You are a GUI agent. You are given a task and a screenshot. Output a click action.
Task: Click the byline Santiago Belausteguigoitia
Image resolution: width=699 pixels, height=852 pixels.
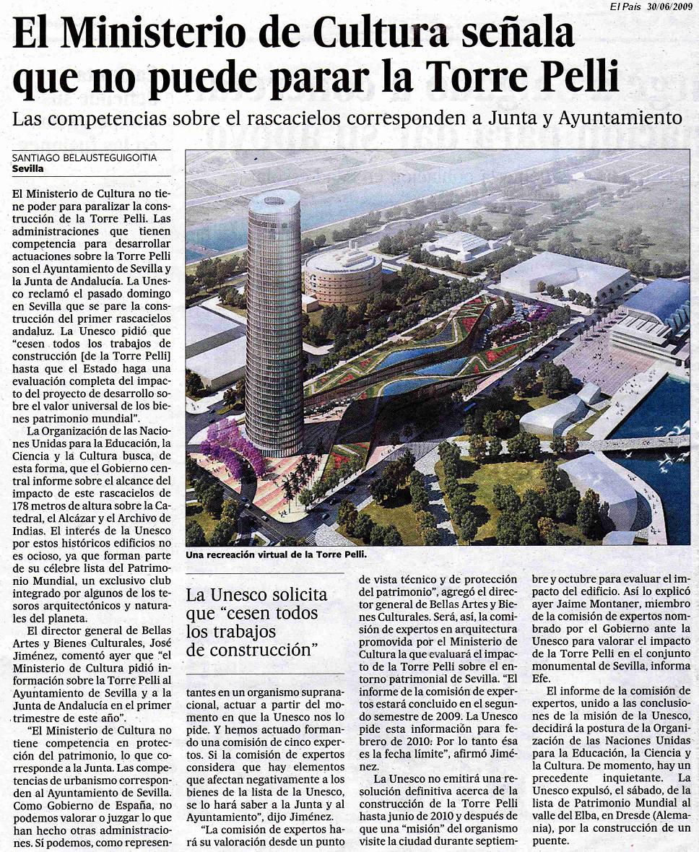(84, 157)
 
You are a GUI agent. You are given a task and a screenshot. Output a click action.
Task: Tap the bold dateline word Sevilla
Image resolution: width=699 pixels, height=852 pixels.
(28, 169)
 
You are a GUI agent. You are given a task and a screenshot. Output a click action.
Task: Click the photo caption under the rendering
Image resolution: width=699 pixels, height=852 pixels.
(277, 555)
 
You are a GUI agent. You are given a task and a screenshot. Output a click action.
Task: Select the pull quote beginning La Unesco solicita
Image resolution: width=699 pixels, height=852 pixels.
(256, 622)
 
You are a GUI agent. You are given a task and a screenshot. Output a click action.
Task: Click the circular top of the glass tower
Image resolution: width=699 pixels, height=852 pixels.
(274, 200)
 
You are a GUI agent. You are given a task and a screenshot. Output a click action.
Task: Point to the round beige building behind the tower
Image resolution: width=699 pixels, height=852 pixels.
(342, 275)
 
